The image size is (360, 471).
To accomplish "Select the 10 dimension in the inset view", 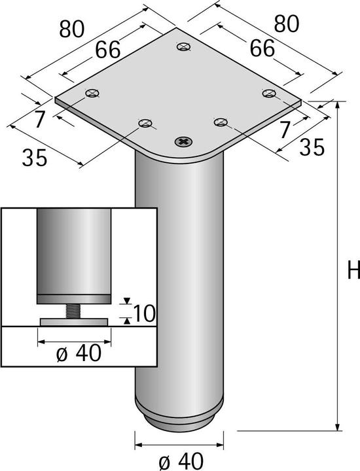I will [145, 313].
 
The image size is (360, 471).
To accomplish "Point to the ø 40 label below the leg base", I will [177, 460].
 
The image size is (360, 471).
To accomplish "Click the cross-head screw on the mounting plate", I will [184, 140].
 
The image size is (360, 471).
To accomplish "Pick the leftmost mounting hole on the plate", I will [92, 94].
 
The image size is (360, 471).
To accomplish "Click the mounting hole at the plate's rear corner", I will [184, 46].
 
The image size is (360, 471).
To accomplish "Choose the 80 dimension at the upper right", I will [287, 23].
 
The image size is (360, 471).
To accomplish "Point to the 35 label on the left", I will [34, 158].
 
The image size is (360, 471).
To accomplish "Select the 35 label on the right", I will [311, 148].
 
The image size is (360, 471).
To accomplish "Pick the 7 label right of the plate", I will [285, 130].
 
